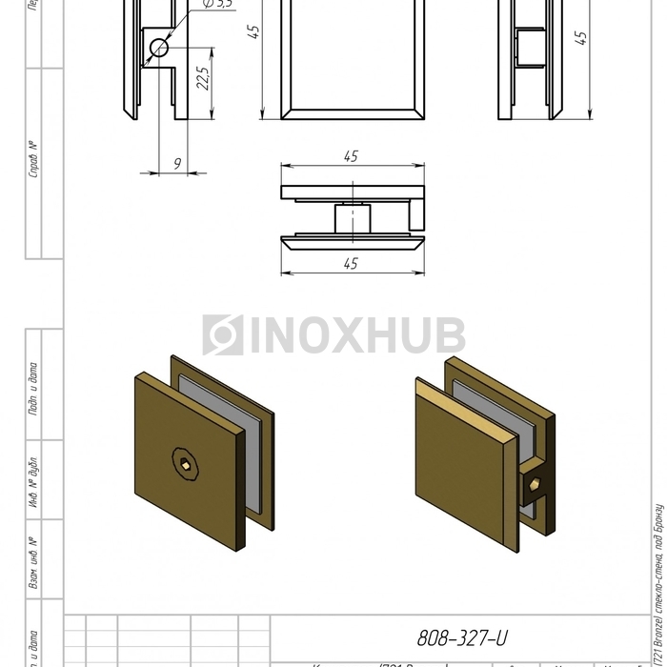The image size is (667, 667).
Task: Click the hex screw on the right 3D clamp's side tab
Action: click(535, 486)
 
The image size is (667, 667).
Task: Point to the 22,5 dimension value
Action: click(202, 77)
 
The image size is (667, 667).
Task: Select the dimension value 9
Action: click(177, 164)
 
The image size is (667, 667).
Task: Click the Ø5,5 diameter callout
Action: click(218, 4)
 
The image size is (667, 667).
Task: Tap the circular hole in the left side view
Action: click(158, 48)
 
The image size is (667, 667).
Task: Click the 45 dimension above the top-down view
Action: click(351, 156)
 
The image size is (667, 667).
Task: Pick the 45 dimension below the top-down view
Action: click(351, 264)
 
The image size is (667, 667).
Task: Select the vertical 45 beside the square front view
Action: click(253, 33)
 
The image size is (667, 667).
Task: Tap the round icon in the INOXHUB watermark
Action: click(222, 335)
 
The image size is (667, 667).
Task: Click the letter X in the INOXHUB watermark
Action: click(350, 335)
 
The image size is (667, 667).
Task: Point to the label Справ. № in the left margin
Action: click(34, 159)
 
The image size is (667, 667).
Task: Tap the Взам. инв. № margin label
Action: click(34, 562)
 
